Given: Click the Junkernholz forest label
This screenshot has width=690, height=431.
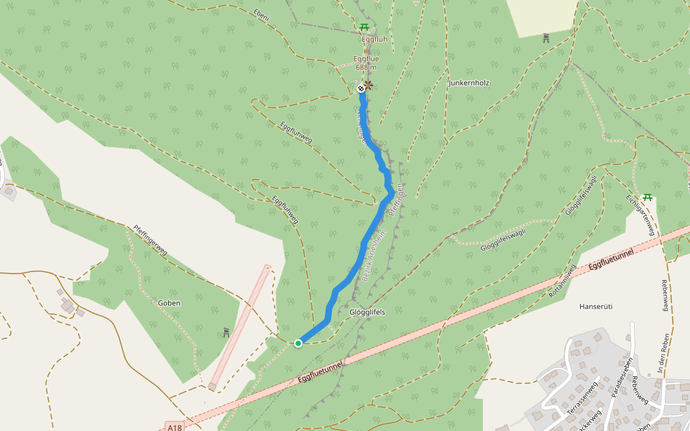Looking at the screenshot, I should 469,83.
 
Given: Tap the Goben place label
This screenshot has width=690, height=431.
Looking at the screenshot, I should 169,303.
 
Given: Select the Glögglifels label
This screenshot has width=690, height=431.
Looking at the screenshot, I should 367,312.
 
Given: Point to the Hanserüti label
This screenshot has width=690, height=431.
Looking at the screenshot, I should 595,306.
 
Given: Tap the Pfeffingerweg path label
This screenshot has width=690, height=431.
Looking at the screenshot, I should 150,241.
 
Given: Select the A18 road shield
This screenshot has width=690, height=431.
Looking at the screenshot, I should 174,427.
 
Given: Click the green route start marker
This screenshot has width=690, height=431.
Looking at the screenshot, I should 298,343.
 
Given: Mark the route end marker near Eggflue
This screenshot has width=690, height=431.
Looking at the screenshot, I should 361,88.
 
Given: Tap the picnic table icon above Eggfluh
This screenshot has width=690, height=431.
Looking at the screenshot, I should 364,29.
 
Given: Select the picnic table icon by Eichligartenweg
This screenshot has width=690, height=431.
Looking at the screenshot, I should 648,197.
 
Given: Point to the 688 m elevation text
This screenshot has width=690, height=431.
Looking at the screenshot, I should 366,68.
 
